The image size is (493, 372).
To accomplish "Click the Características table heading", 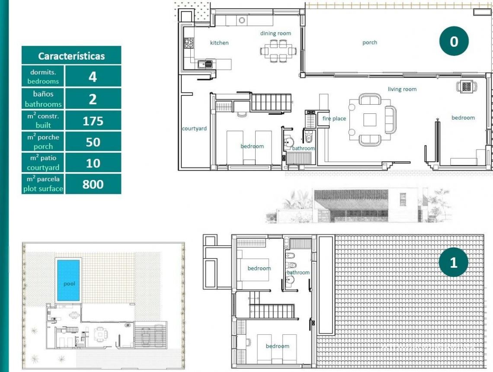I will [x=71, y=56].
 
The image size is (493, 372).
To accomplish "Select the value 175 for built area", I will [x=93, y=121].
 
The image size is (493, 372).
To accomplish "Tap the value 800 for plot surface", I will [x=93, y=184].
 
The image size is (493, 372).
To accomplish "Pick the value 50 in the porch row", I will [x=93, y=142].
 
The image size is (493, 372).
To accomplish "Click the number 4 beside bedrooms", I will [x=93, y=77].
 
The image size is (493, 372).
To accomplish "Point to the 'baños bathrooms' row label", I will [x=43, y=99].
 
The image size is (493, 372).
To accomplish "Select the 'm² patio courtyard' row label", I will [x=43, y=163].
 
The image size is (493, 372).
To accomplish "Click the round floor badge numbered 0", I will [x=453, y=42].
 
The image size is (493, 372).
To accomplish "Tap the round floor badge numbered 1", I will [x=453, y=262].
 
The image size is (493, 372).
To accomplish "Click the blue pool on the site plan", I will [x=69, y=280].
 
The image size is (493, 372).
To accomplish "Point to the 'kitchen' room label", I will [x=219, y=43].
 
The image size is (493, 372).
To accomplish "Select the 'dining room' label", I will [x=275, y=33].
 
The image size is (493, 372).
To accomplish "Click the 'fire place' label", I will [x=334, y=119].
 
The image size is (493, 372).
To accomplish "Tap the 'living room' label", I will [x=402, y=89].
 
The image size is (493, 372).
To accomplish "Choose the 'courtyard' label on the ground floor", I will [x=194, y=128].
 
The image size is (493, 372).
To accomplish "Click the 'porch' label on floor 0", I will [x=370, y=42].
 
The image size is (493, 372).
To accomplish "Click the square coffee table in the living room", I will [x=369, y=119].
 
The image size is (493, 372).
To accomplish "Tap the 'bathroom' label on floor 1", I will [x=298, y=273].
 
